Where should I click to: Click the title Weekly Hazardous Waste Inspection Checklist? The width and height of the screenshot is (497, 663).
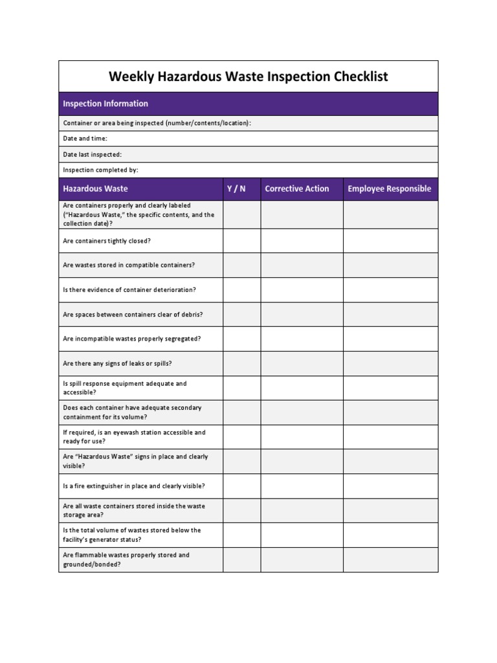[248, 77]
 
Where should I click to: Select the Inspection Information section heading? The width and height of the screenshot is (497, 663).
[105, 104]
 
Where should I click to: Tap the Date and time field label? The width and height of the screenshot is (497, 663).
[85, 139]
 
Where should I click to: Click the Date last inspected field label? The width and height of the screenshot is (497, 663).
[92, 154]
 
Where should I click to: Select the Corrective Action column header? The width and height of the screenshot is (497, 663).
[297, 189]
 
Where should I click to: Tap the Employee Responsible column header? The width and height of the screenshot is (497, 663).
[390, 189]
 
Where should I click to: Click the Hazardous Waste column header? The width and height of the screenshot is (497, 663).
[95, 189]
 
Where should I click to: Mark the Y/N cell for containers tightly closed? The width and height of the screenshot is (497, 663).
[242, 241]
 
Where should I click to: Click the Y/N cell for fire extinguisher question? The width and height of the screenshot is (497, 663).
[242, 486]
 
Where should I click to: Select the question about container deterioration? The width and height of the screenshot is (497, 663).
[129, 289]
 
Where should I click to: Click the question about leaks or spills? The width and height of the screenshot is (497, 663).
[117, 363]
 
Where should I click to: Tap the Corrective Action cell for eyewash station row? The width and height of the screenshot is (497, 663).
[302, 437]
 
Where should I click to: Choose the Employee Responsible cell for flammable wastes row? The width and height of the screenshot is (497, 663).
[390, 559]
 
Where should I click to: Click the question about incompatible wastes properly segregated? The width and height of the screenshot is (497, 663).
[132, 339]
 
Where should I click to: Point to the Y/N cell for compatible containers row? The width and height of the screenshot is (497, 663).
[242, 265]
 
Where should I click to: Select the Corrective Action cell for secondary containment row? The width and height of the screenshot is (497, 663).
[302, 412]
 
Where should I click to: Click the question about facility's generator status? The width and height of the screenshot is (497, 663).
[132, 535]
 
